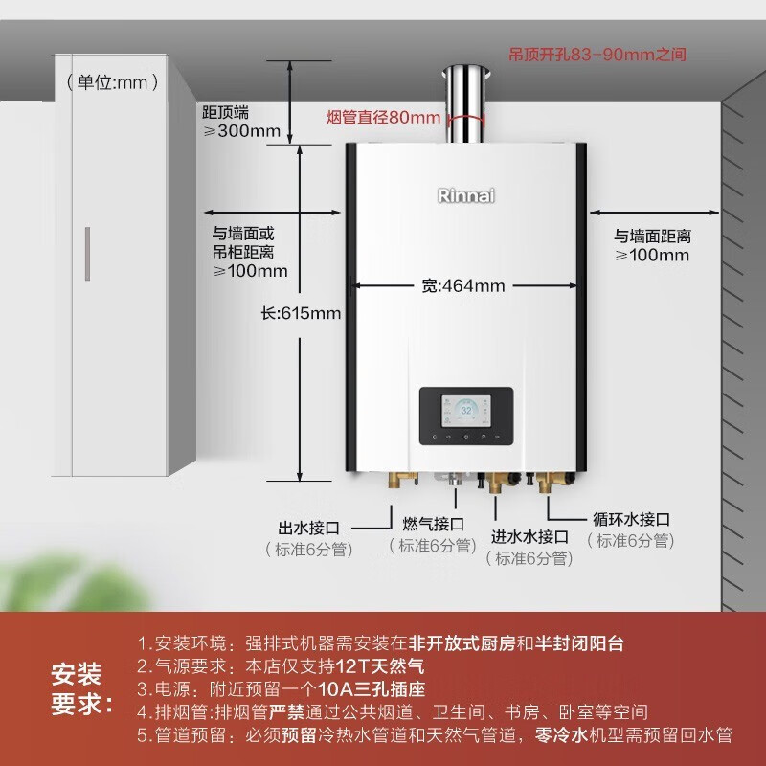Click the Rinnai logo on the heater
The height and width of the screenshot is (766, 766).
[466, 195]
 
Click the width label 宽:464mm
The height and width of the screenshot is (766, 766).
[462, 285]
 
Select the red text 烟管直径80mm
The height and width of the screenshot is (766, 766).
[383, 118]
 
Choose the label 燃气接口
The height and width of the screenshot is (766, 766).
[433, 524]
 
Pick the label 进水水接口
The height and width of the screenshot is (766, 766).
[529, 536]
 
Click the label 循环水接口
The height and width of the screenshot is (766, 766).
[631, 519]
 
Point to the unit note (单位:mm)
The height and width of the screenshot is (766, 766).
[113, 82]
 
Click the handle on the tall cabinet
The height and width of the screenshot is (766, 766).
[87, 254]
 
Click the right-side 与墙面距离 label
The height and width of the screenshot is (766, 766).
[652, 236]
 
